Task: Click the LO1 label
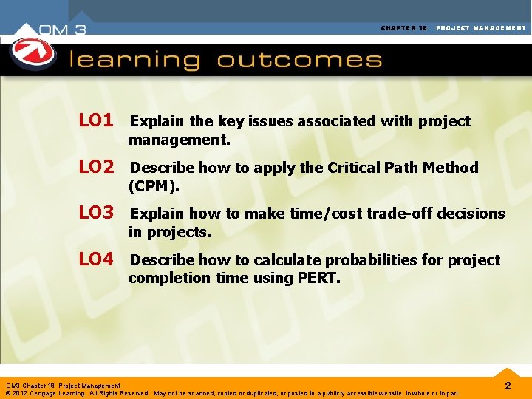(96, 120)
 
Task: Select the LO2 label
(96, 167)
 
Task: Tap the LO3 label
(96, 214)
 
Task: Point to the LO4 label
(96, 260)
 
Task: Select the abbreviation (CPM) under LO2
(154, 185)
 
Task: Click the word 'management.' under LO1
(179, 140)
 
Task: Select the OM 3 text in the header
(64, 30)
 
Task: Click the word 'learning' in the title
(134, 60)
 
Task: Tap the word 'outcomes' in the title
(299, 60)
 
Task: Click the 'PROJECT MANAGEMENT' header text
(481, 28)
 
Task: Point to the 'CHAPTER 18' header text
(404, 28)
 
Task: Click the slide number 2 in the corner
(508, 386)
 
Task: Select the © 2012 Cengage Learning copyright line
(233, 393)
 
